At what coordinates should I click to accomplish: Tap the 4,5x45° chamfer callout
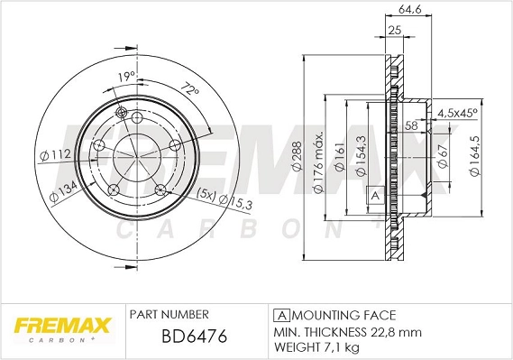click(x=457, y=114)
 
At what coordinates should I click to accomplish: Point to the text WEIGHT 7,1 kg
click(x=318, y=347)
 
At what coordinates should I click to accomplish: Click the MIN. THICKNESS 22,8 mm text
click(x=346, y=331)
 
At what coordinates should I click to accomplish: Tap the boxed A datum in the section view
click(x=374, y=194)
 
